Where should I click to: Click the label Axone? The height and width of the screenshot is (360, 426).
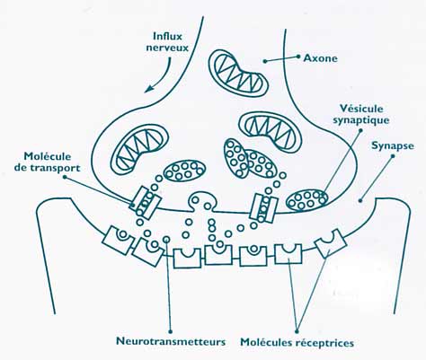[320, 58]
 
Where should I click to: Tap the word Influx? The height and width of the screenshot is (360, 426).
[168, 36]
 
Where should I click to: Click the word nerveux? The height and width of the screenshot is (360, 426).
[167, 48]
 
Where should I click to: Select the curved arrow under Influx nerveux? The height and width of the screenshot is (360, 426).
[160, 76]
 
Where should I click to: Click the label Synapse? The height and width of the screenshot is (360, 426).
[393, 146]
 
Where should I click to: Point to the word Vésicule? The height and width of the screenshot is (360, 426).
[362, 109]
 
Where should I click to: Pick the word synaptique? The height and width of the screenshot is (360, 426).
[361, 120]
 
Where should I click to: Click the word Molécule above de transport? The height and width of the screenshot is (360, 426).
[48, 156]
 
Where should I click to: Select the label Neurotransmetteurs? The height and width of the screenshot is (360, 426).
[171, 341]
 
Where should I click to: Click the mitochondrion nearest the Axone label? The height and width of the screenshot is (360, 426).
[239, 73]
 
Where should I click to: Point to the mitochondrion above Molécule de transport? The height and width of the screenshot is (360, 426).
[139, 148]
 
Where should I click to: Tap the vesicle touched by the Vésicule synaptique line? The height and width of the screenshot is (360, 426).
[307, 200]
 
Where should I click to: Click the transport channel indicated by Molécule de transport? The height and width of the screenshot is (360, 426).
[145, 203]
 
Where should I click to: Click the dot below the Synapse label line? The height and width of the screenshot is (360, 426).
[360, 201]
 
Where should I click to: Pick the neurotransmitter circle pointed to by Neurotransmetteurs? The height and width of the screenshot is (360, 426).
[166, 240]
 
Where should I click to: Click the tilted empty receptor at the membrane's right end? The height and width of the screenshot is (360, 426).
[331, 243]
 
